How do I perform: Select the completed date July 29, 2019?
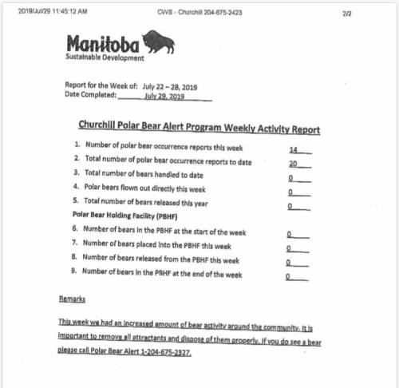tap(166, 95)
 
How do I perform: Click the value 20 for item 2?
tap(293, 162)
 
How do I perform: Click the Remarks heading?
tap(73, 299)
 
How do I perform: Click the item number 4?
tap(76, 188)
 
